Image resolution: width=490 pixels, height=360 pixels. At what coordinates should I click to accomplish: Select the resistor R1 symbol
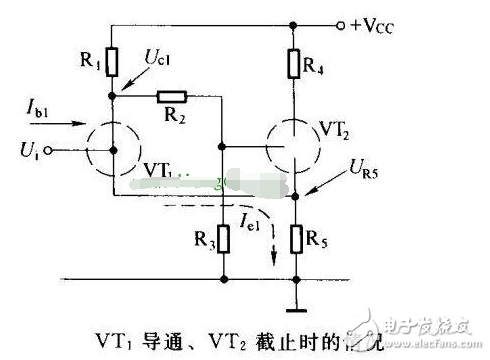[x=113, y=63]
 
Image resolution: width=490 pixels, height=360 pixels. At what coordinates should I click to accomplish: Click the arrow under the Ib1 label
[x=61, y=126]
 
